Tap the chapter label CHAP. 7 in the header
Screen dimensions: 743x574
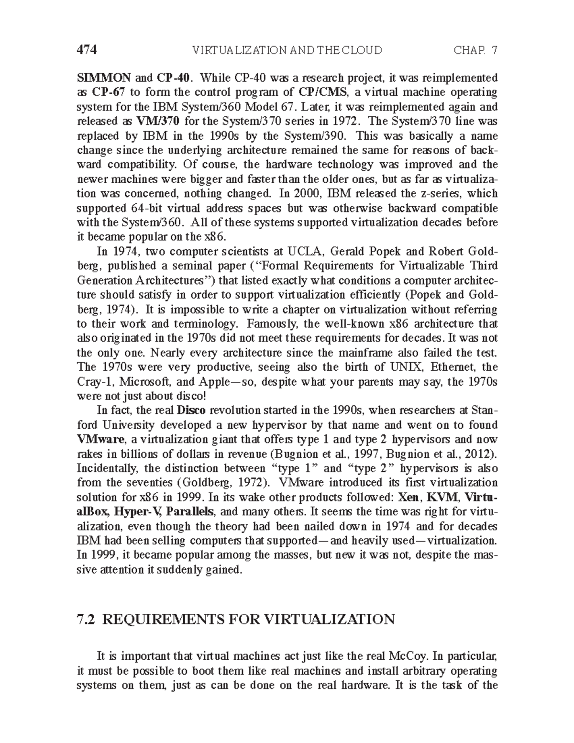475,50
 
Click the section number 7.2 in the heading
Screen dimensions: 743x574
87,620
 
